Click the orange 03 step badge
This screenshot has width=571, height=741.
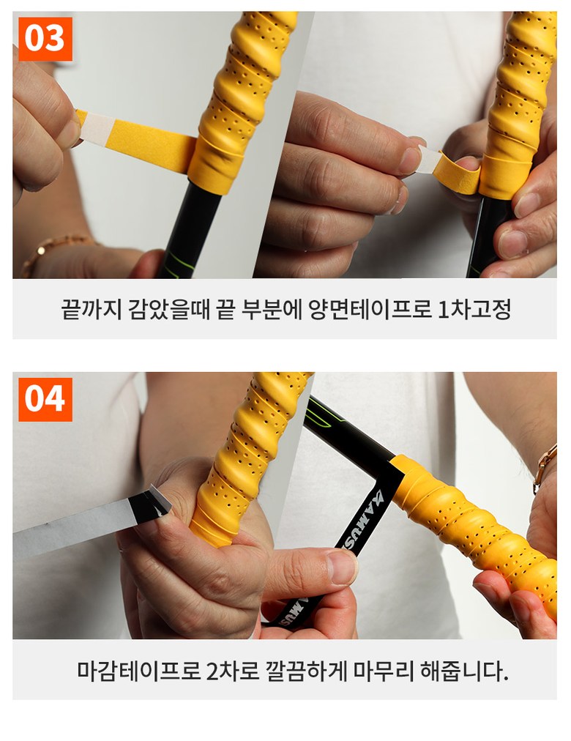point(45,39)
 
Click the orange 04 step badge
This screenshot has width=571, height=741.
point(45,399)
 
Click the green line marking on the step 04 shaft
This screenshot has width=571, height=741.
point(324,417)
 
